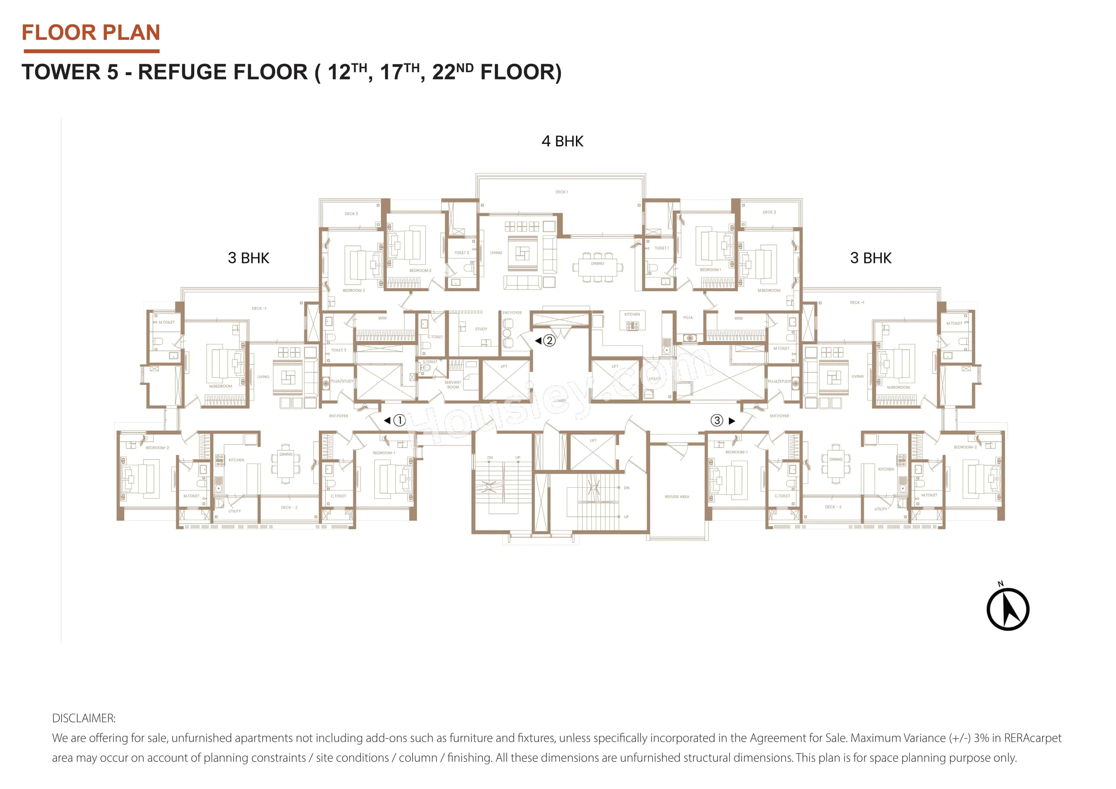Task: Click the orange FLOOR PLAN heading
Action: [91, 33]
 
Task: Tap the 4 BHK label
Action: [562, 141]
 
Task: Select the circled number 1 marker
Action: [399, 421]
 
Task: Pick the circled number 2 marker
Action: [549, 340]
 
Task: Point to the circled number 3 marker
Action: [717, 421]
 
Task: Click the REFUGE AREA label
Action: [677, 497]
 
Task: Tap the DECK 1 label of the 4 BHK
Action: [561, 192]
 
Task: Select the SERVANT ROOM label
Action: [452, 385]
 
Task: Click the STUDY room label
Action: [481, 329]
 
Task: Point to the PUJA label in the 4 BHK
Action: [688, 317]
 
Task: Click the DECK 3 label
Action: [351, 214]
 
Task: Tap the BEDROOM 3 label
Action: [353, 291]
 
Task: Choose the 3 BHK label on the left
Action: [248, 258]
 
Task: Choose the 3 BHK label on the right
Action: [870, 258]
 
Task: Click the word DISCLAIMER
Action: [84, 718]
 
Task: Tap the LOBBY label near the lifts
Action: [560, 401]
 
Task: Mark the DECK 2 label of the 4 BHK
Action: [769, 213]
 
